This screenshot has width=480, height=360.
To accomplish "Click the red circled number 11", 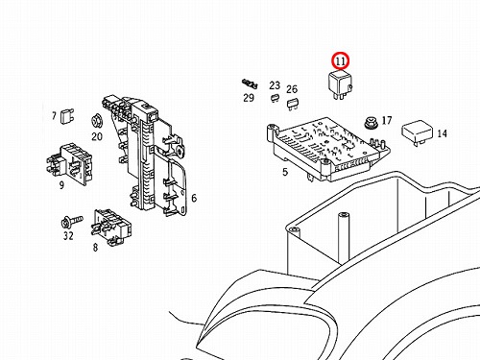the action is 341,60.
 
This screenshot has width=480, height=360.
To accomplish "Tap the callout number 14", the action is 442,133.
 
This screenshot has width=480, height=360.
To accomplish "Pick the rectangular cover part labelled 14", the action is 418,132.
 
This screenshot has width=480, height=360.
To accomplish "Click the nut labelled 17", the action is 371,124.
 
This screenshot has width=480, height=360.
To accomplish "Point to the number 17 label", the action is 387,120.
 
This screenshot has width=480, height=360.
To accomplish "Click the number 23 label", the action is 275,85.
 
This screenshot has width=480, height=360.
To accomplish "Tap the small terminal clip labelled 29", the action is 250,84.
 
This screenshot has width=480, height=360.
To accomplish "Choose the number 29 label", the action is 249,98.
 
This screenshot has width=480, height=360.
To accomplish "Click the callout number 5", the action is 285,172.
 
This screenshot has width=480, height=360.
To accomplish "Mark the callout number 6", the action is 194,198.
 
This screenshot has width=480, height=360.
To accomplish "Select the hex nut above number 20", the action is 96,121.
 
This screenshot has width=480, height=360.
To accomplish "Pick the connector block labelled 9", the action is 70,164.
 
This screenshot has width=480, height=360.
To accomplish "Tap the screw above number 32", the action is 72,221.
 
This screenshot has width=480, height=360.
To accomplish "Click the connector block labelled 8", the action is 112,228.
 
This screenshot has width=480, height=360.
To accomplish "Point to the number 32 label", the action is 68,236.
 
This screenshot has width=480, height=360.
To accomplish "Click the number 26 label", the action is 292,89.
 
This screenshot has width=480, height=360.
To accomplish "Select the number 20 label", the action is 97,136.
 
